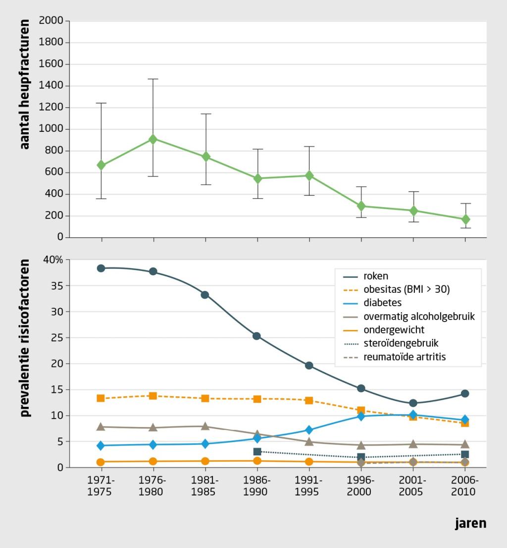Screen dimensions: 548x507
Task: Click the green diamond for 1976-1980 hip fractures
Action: [153, 139]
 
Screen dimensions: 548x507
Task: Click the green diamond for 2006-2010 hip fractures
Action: [465, 219]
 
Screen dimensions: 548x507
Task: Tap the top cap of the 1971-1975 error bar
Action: [101, 103]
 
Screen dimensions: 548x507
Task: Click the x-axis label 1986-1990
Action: [257, 486]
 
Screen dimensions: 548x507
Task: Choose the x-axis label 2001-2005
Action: [413, 486]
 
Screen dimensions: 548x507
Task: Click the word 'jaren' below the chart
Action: [470, 524]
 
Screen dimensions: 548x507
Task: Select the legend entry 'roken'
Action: [367, 276]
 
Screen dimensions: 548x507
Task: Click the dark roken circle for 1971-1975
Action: [101, 268]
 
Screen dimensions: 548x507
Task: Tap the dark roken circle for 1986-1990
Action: [257, 336]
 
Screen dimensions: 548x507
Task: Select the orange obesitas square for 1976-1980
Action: [153, 396]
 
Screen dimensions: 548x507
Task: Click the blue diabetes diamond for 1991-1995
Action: [309, 430]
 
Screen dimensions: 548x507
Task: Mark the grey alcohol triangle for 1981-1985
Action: [205, 426]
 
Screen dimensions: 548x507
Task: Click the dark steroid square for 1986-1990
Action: [257, 451]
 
